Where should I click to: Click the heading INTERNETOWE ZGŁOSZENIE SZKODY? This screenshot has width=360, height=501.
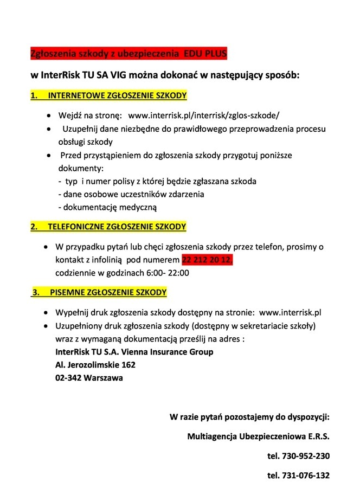pyautogui.click(x=117, y=96)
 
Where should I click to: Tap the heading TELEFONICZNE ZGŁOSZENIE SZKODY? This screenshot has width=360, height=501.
pyautogui.click(x=117, y=226)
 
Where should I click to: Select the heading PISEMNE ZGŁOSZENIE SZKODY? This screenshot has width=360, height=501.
pyautogui.click(x=108, y=293)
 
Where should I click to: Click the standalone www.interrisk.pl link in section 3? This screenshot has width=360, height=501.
pyautogui.click(x=291, y=313)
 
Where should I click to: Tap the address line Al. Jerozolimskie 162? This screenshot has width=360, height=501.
pyautogui.click(x=95, y=365)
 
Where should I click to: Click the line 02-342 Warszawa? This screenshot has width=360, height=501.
pyautogui.click(x=89, y=378)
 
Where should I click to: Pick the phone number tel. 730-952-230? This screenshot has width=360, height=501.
pyautogui.click(x=299, y=456)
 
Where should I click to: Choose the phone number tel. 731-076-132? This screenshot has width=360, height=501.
pyautogui.click(x=299, y=476)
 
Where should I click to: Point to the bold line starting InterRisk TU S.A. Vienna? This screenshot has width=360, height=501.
pyautogui.click(x=134, y=352)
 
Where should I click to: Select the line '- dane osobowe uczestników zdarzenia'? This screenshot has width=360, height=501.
pyautogui.click(x=131, y=194)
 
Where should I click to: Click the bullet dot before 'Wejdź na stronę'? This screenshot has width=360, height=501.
pyautogui.click(x=49, y=116)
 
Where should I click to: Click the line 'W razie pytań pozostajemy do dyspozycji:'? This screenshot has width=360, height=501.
pyautogui.click(x=249, y=417)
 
